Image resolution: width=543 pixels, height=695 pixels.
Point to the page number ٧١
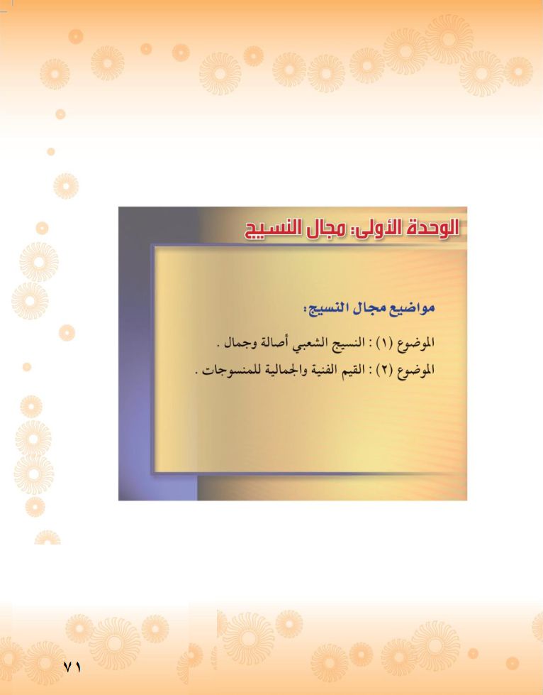click(72, 667)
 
